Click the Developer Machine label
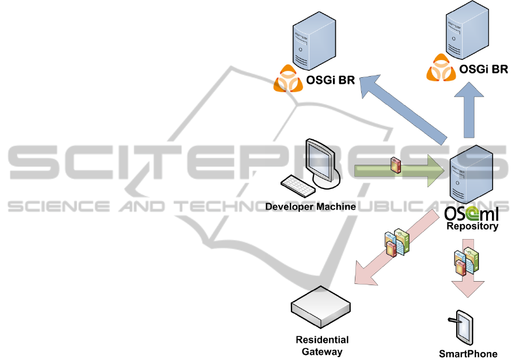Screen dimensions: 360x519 click(x=310, y=206)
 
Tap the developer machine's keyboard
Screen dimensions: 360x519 click(x=297, y=184)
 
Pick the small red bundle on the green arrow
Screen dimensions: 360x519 click(x=395, y=165)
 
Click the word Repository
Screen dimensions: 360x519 click(x=472, y=227)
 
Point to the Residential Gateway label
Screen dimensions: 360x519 click(x=322, y=346)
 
